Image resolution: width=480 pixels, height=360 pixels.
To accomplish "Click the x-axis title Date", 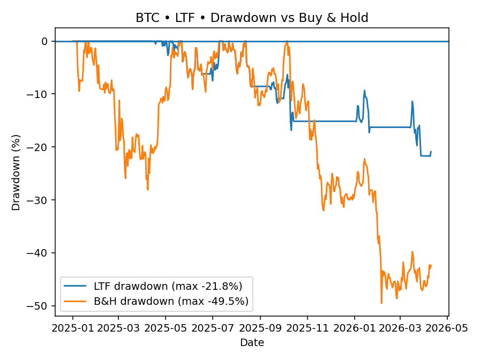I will pyautogui.click(x=252, y=342).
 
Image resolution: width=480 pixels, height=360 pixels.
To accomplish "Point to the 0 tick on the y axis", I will pyautogui.click(x=45, y=41).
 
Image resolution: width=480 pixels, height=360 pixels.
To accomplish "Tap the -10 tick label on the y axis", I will pyautogui.click(x=40, y=94).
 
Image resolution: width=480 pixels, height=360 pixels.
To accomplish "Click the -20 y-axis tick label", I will pyautogui.click(x=40, y=147).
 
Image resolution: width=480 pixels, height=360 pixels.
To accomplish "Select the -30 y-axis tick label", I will pyautogui.click(x=40, y=200).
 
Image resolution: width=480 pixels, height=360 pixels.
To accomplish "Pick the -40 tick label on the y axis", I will pyautogui.click(x=40, y=253).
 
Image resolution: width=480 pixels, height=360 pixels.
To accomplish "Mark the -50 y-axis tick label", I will pyautogui.click(x=40, y=306).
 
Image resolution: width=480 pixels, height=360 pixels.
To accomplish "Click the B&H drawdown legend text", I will pyautogui.click(x=171, y=301).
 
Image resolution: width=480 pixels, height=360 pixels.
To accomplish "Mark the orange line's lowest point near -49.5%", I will pyautogui.click(x=381, y=303).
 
